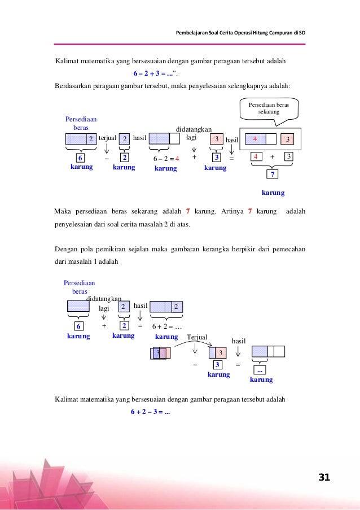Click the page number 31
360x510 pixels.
pyautogui.click(x=324, y=477)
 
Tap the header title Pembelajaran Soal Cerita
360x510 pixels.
pyautogui.click(x=242, y=32)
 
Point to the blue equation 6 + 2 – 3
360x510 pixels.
pyautogui.click(x=151, y=412)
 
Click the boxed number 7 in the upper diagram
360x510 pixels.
pyautogui.click(x=273, y=175)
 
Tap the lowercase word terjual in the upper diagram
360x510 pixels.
pyautogui.click(x=107, y=138)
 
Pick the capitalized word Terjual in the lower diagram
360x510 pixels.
pyautogui.click(x=197, y=337)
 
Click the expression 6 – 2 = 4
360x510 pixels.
pyautogui.click(x=166, y=159)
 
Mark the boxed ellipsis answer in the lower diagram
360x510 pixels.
pyautogui.click(x=260, y=370)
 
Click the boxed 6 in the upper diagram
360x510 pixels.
pyautogui.click(x=81, y=159)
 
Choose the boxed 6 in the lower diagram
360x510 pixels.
pyautogui.click(x=80, y=326)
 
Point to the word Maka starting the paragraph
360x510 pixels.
pyautogui.click(x=64, y=211)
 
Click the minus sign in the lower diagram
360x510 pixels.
pyautogui.click(x=195, y=365)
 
